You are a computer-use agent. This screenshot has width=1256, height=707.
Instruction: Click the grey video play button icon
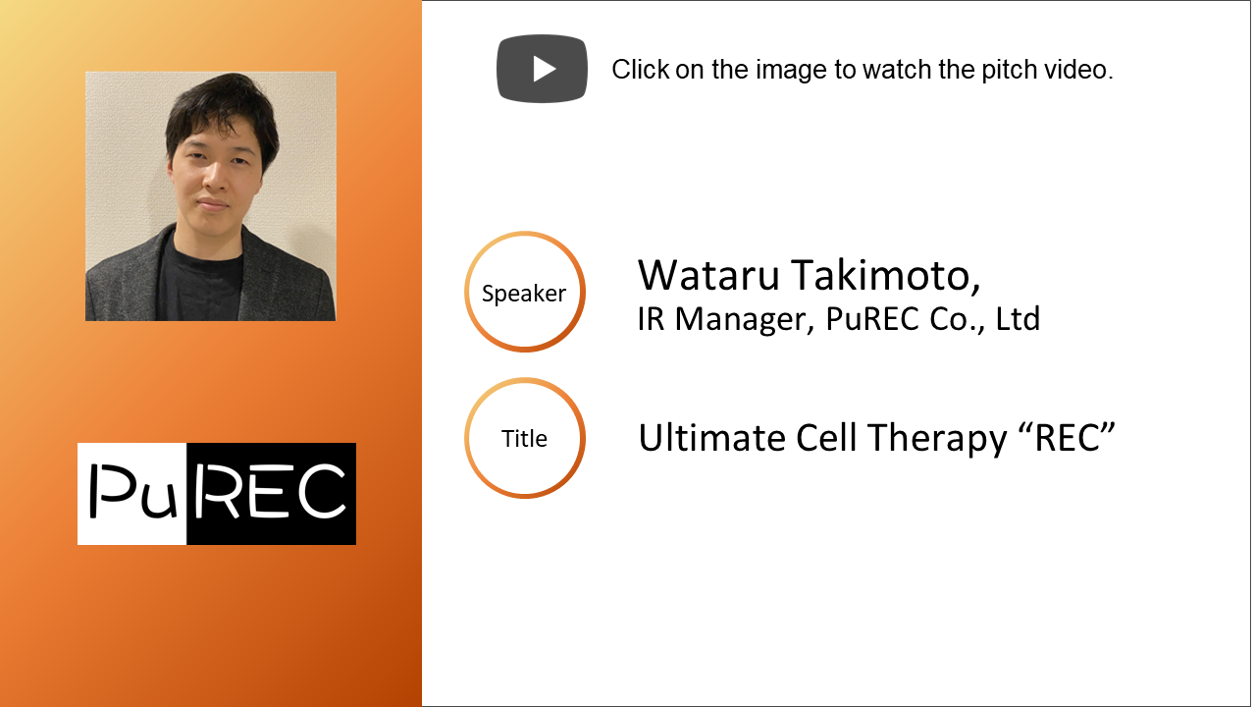(x=543, y=69)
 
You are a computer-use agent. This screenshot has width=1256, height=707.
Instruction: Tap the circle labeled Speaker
(x=465, y=292)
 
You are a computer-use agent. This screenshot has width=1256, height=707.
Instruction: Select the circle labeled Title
(x=465, y=438)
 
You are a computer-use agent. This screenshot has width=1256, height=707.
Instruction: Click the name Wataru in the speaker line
(x=708, y=276)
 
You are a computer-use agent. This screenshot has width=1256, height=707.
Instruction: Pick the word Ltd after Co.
(x=1018, y=319)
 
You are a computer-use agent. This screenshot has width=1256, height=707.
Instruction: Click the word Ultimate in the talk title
(x=712, y=438)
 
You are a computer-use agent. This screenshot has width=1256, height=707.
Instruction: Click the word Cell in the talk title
(x=826, y=438)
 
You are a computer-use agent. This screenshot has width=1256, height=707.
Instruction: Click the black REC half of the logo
(x=272, y=494)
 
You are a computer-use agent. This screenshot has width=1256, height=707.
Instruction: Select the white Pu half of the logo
(x=131, y=494)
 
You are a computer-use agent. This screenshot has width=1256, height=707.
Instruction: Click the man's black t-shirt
(x=202, y=281)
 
